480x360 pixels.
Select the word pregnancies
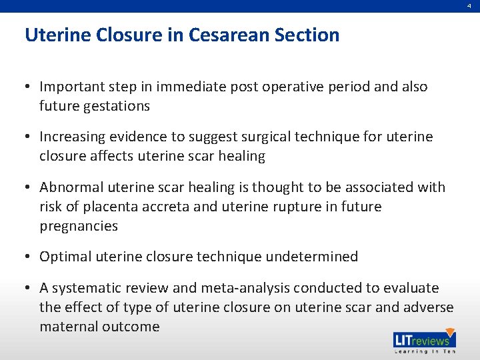pyautogui.click(x=79, y=226)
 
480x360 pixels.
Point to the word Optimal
pyautogui.click(x=65, y=257)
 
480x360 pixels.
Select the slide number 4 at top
pyautogui.click(x=470, y=5)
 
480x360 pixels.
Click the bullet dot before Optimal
pyautogui.click(x=31, y=257)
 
